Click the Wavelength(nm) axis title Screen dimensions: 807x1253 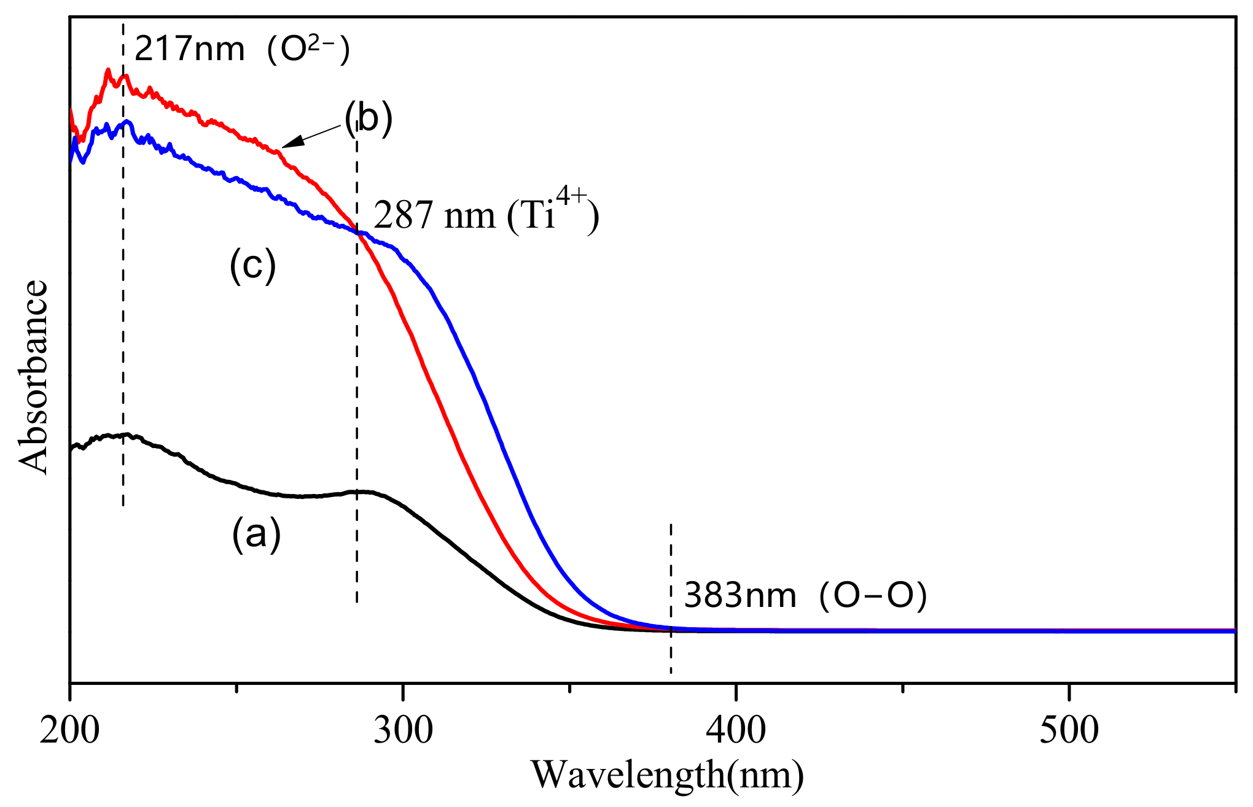[667, 775]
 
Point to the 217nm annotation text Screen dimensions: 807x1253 [189, 49]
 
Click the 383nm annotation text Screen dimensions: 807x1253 [740, 595]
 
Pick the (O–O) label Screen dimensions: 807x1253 [873, 595]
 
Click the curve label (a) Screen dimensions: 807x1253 [256, 533]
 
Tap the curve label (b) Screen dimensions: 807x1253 [368, 118]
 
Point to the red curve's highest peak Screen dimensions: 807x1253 [108, 71]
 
